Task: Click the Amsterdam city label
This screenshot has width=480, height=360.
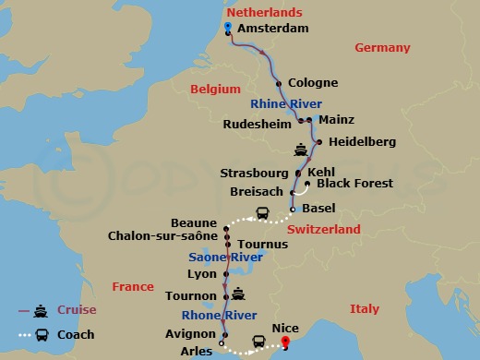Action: coord(271,29)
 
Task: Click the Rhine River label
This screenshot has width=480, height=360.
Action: coord(287,104)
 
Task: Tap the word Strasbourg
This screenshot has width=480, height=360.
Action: coord(255,173)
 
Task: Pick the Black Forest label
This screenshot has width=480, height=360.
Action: coord(354,184)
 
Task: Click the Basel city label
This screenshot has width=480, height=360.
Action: coord(318,209)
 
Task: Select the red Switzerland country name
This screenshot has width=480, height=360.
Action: coord(323,229)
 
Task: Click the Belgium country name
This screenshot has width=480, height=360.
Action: coord(215,89)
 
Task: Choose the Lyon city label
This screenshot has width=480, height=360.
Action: coord(200,274)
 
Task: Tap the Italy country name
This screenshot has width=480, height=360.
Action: coord(365,308)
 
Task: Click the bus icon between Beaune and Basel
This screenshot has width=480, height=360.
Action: coord(262,215)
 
